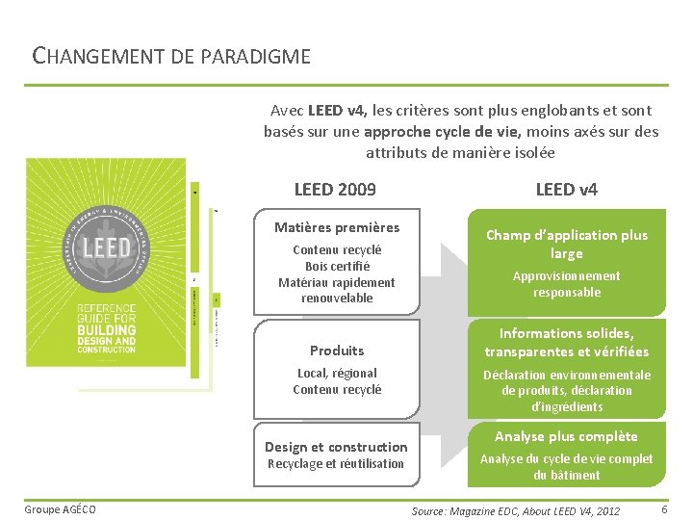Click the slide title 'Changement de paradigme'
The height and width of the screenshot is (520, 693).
[171, 56]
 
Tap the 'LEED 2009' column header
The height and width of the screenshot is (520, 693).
[335, 190]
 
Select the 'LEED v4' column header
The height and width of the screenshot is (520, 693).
[566, 190]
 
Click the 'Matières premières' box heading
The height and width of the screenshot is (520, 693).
[336, 227]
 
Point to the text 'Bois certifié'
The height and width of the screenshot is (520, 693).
[337, 267]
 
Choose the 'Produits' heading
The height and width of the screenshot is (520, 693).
[337, 351]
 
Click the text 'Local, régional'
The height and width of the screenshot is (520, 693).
[337, 373]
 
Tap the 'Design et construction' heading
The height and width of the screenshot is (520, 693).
[336, 447]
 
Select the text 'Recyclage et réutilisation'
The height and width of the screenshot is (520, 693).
[336, 464]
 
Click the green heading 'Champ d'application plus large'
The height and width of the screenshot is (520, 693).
[566, 244]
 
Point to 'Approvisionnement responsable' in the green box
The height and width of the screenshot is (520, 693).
[566, 284]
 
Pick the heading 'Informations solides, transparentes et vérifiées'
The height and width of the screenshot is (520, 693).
[566, 343]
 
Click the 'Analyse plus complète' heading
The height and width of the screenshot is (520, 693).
[566, 437]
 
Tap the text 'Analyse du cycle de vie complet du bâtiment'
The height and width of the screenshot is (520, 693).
[566, 467]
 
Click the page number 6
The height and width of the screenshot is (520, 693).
[665, 507]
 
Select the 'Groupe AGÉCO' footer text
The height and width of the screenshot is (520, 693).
[61, 508]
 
